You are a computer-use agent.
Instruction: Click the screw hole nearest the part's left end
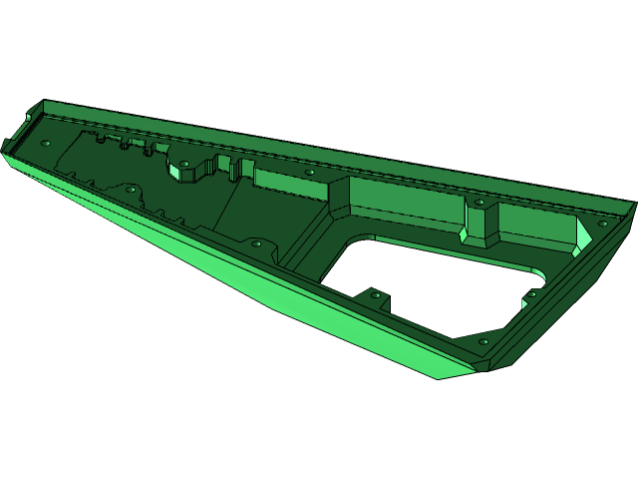click(45, 143)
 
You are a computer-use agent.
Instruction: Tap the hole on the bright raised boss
click(184, 163)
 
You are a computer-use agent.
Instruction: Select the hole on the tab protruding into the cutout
click(375, 294)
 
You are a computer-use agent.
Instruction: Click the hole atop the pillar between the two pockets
click(479, 203)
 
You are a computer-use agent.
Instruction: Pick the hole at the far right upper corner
click(602, 225)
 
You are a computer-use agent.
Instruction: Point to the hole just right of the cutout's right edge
click(531, 293)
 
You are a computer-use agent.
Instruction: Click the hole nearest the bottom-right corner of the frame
click(484, 342)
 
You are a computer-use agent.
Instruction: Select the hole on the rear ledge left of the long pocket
click(310, 172)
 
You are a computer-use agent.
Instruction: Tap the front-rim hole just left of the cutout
click(256, 242)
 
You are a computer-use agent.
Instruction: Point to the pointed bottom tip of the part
click(439, 376)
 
